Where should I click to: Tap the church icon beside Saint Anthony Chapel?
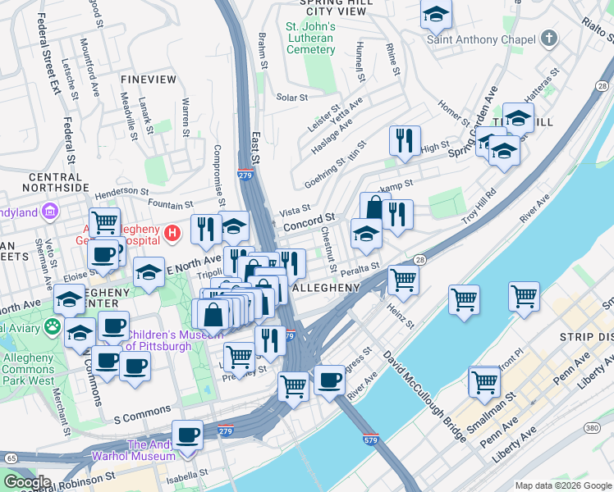[x=548, y=39]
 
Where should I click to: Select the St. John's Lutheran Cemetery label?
[x=310, y=39]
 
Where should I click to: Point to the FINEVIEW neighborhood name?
[x=148, y=80]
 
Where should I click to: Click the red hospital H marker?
[x=172, y=233]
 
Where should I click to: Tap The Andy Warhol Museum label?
[x=161, y=451]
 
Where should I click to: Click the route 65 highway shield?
[x=11, y=458]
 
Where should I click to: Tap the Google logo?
[x=26, y=481]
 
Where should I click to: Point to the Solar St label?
[x=291, y=97]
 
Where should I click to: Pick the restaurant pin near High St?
[x=405, y=141]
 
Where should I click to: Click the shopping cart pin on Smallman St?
[x=484, y=381]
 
